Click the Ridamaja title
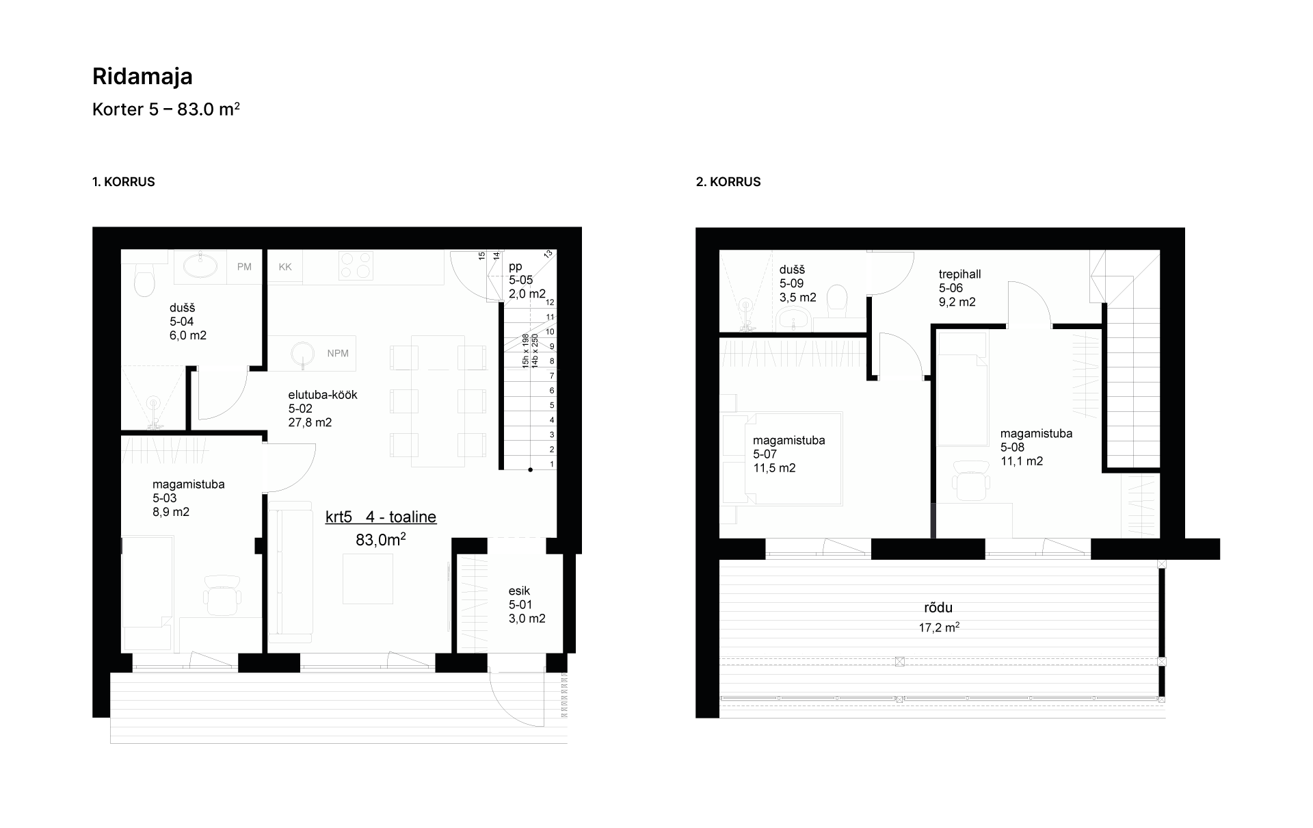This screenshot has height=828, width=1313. [142, 77]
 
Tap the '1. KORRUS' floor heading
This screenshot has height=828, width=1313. [124, 182]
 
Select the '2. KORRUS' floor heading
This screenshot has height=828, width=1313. [728, 182]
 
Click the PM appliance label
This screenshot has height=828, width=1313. [244, 267]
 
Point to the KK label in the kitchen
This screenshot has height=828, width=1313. [285, 267]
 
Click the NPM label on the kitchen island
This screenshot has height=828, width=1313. [338, 353]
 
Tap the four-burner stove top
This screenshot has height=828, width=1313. [356, 266]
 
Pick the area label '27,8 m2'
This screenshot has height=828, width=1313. [310, 423]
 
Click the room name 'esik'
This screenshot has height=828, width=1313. [519, 591]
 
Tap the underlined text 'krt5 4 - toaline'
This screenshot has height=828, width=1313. [381, 517]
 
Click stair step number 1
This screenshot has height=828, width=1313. [553, 465]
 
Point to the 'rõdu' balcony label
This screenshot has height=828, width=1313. [938, 608]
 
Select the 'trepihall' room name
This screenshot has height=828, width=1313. [959, 274]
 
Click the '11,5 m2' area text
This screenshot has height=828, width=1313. [774, 469]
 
